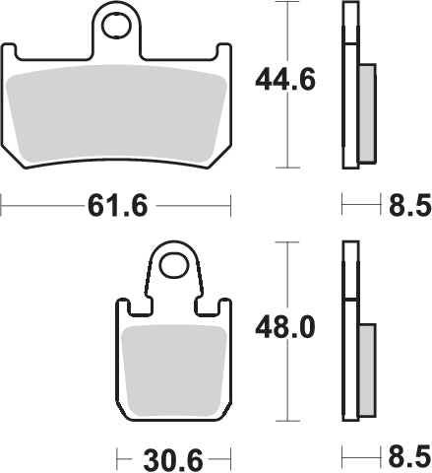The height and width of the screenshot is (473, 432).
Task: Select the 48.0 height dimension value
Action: [x=286, y=326]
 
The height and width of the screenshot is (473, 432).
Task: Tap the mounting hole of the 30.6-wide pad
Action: [x=174, y=263]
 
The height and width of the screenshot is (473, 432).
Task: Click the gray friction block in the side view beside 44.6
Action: [x=364, y=112]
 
